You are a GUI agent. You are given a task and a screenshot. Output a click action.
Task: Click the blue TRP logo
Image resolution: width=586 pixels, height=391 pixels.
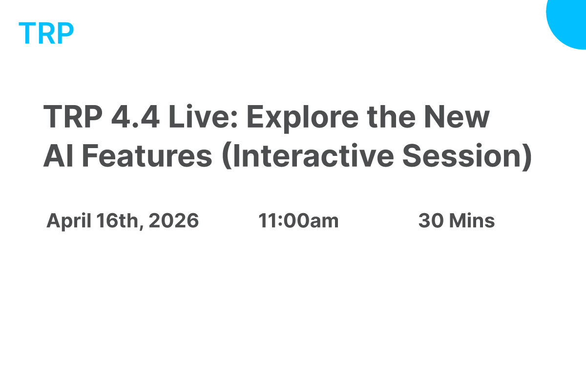coord(46,33)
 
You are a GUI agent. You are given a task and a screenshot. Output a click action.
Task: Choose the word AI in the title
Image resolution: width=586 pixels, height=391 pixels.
coord(55,156)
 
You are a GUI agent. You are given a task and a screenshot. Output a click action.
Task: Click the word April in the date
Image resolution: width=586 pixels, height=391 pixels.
coord(68,221)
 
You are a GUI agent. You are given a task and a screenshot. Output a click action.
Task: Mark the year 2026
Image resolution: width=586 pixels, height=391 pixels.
coord(174,221)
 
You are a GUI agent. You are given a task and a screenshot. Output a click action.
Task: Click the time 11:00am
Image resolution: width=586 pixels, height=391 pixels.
coord(298,221)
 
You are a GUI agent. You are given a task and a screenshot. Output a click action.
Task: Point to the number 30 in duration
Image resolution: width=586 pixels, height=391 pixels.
coord(431,221)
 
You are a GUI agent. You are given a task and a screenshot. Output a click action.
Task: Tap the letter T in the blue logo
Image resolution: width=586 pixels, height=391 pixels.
coord(27,33)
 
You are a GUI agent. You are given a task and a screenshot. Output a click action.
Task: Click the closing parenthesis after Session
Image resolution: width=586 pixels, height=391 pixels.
coord(527,156)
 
